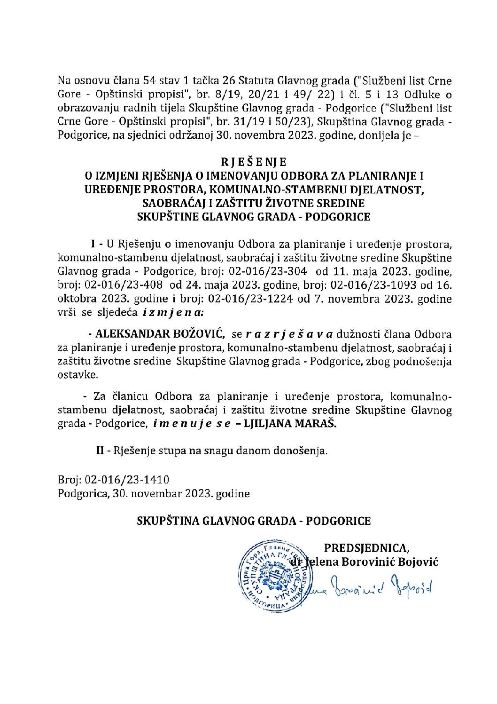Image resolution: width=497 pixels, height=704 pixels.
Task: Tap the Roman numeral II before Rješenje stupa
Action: pyautogui.click(x=100, y=451)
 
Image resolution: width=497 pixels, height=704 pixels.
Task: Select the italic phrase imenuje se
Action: pyautogui.click(x=191, y=424)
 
